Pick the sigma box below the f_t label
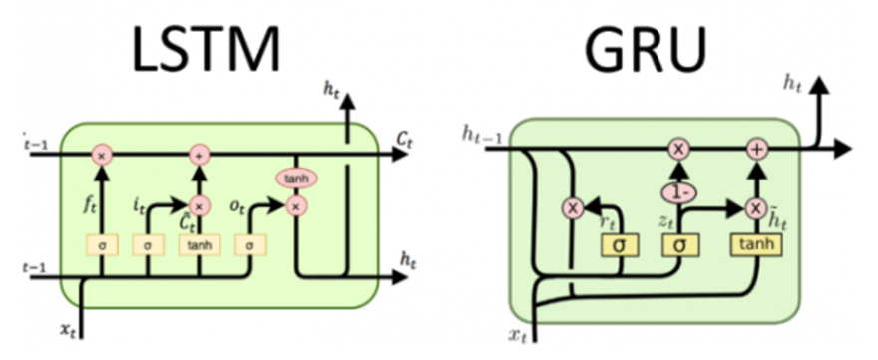click(x=101, y=243)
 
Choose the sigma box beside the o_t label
click(x=245, y=243)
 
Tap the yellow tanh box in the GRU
click(x=755, y=243)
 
